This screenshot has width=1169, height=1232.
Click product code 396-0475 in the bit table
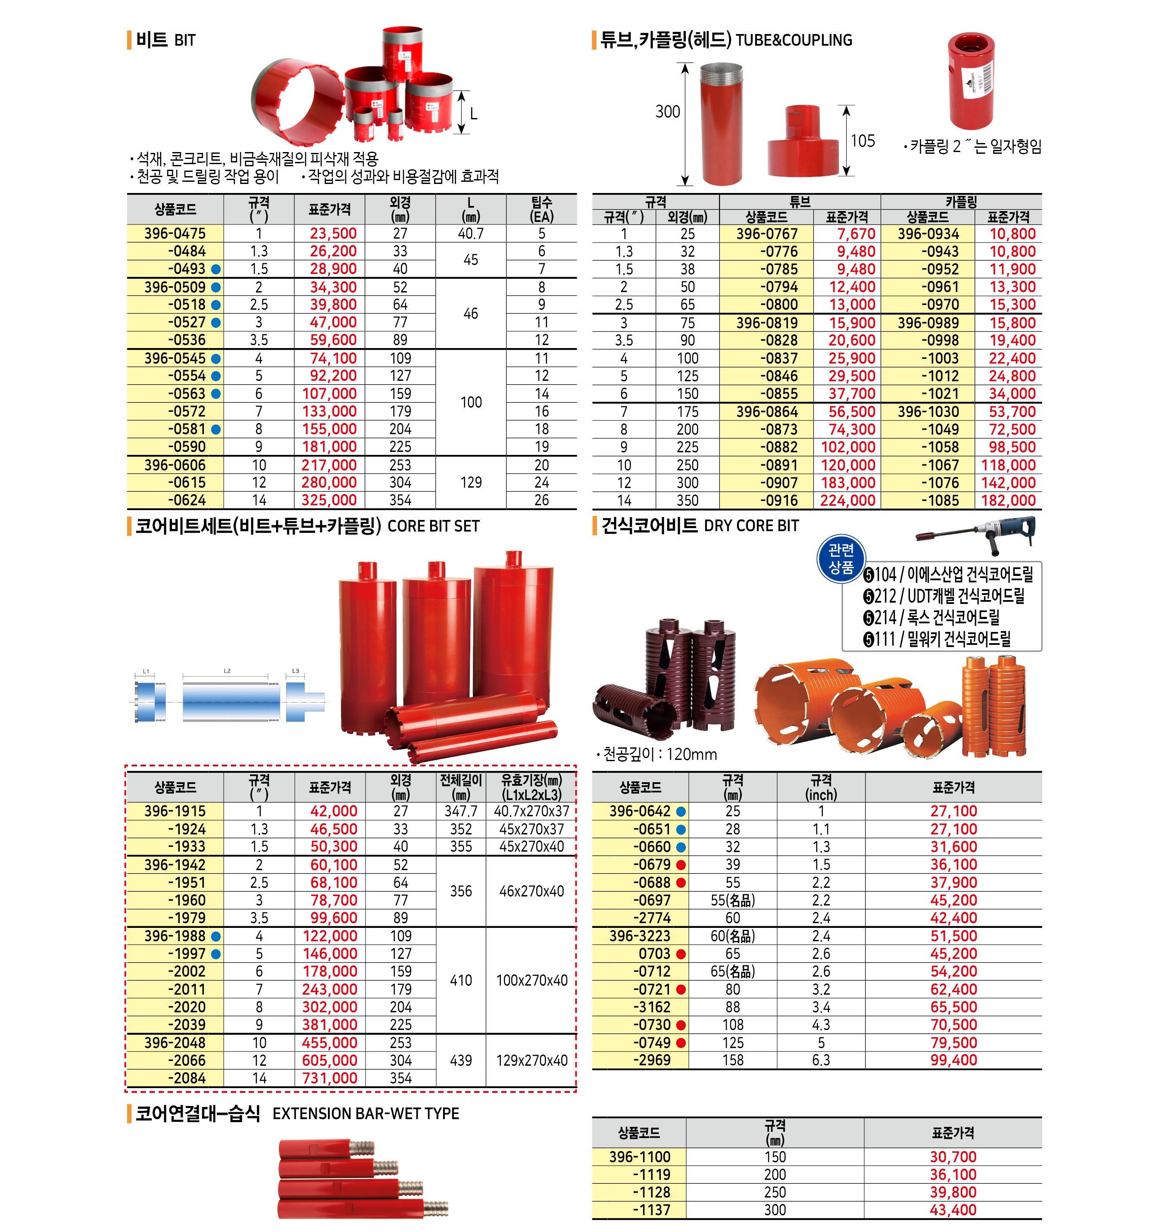(175, 233)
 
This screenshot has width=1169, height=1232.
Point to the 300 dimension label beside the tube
(667, 112)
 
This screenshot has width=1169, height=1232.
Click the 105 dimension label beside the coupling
(863, 141)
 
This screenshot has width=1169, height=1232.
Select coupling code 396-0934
(928, 234)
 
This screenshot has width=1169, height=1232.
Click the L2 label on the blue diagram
(227, 671)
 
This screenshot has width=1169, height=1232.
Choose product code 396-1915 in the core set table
(175, 811)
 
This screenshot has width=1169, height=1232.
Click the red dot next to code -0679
(681, 865)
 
